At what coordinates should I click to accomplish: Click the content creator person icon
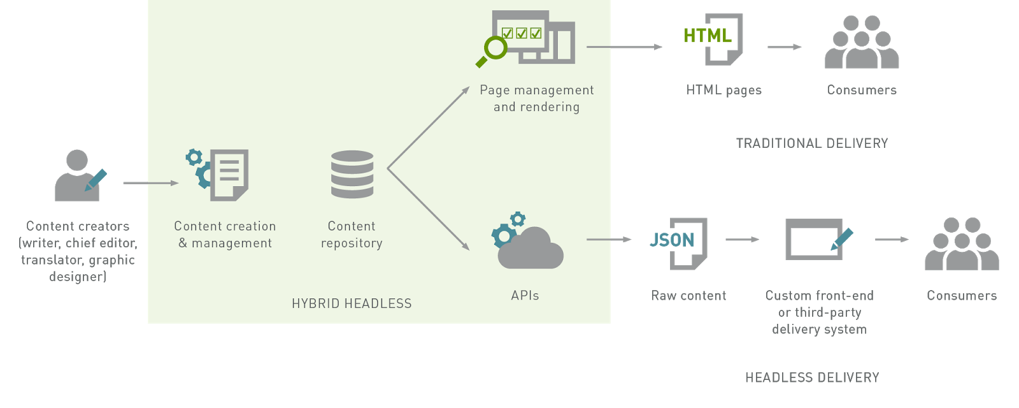tap(78, 176)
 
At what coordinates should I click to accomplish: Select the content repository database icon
tap(352, 174)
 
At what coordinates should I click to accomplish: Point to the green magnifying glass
tap(492, 51)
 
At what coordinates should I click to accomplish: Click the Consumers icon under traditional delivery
tap(862, 43)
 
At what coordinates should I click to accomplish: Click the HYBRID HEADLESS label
tap(352, 303)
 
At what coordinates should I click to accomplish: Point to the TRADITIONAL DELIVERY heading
tap(812, 143)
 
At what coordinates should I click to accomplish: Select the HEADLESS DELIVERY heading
tap(812, 378)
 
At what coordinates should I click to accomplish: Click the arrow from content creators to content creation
tap(150, 183)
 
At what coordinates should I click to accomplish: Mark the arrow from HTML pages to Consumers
tap(784, 47)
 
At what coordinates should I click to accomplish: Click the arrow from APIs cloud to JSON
tap(608, 240)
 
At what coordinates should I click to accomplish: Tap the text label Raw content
tap(688, 296)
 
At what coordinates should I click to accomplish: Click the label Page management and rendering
tap(536, 99)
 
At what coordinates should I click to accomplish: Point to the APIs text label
tap(525, 296)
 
